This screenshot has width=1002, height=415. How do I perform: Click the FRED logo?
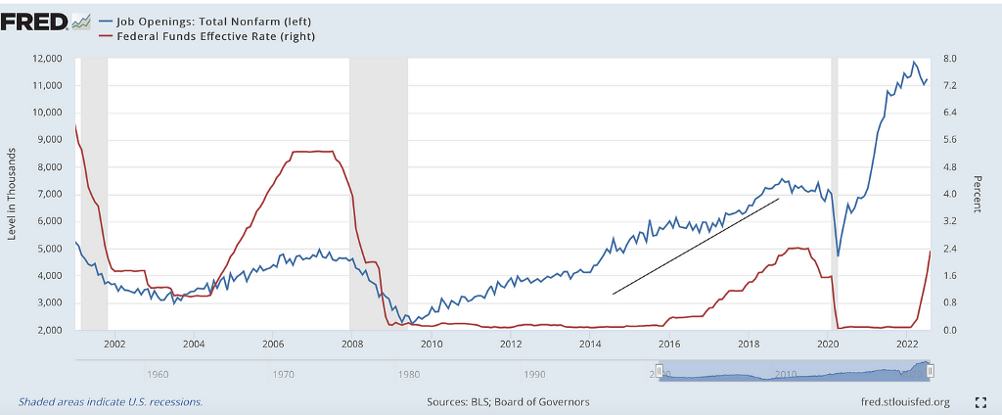[x=34, y=21]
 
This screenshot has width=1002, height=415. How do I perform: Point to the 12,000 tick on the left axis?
[x=48, y=59]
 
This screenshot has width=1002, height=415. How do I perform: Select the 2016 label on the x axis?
[x=668, y=345]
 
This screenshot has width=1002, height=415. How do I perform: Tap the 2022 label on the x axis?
[x=906, y=345]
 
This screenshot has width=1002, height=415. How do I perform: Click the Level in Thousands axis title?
[x=13, y=194]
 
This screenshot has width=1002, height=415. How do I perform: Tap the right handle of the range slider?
[x=931, y=370]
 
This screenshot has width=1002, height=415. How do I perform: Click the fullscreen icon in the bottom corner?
[x=980, y=402]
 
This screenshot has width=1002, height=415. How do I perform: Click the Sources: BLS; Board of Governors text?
[x=508, y=402]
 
